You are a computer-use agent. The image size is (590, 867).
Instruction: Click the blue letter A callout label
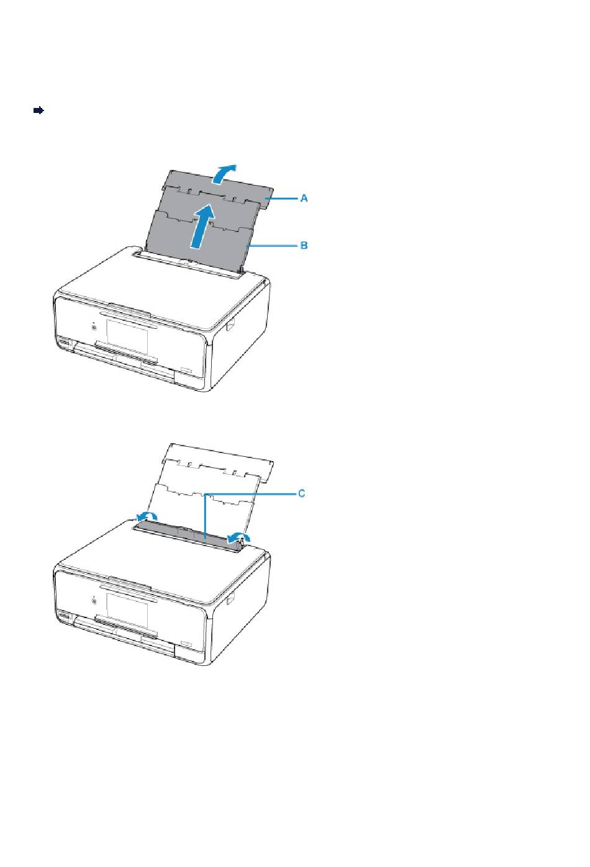304,198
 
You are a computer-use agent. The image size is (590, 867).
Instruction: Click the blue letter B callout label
304,245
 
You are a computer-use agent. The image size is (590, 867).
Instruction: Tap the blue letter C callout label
301,493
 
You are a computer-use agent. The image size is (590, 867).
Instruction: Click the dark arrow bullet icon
39,110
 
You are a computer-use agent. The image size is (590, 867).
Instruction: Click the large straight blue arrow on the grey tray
202,227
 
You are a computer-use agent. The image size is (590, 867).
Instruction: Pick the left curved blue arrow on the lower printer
147,516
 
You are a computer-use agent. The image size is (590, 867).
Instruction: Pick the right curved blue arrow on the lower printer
239,537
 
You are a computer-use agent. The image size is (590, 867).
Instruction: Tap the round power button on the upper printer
94,328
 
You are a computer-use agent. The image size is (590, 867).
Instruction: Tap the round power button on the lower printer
94,601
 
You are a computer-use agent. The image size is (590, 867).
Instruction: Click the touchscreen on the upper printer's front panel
127,336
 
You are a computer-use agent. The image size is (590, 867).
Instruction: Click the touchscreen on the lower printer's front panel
127,609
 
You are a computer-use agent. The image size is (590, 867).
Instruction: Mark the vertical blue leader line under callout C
205,516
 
